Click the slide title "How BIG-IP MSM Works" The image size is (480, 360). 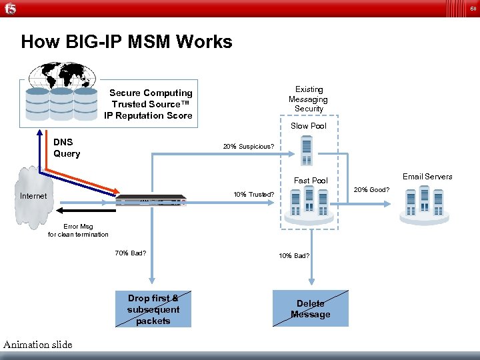[x=127, y=42]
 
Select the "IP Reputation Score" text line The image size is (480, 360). [x=148, y=115]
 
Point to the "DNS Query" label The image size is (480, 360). [x=67, y=147]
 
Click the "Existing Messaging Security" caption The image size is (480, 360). [x=309, y=99]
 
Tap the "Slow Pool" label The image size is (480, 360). [x=309, y=126]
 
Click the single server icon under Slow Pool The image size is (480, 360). [x=307, y=151]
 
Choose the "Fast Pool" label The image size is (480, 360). [x=311, y=180]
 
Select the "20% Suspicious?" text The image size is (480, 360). [x=248, y=146]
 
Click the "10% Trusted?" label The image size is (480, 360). [x=253, y=195]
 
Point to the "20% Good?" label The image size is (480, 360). [x=371, y=190]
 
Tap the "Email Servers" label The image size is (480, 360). [x=427, y=177]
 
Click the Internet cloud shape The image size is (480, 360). [x=33, y=195]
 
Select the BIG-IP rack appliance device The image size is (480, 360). [x=151, y=199]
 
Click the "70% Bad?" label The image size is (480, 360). [x=131, y=253]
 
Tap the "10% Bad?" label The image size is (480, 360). [x=294, y=255]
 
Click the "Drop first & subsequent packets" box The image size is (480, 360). [x=153, y=309]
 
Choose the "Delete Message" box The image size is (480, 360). [x=311, y=309]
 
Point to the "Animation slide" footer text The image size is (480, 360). [x=37, y=345]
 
